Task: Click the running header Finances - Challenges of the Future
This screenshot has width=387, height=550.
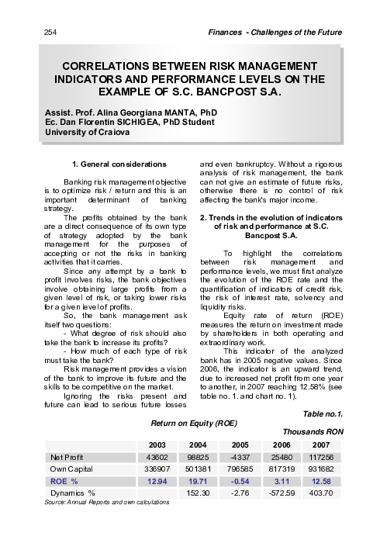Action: [x=277, y=31]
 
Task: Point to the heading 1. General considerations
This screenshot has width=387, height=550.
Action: [x=118, y=164]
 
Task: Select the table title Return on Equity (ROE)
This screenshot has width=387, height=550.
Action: [x=192, y=424]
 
